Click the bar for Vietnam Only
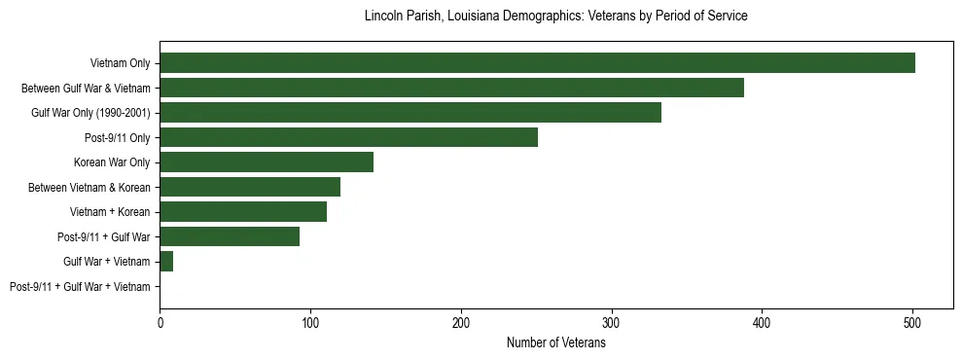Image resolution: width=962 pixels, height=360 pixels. coord(537,63)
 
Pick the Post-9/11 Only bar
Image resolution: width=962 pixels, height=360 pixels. coord(348,137)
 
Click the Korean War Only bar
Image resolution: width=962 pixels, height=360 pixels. coord(267,162)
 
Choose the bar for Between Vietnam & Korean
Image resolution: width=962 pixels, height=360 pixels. coord(250,187)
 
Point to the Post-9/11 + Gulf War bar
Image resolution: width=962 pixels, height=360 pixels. coord(230,236)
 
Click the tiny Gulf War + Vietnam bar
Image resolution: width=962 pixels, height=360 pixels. coord(166,262)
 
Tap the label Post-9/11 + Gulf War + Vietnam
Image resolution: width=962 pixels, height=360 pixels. coord(80,287)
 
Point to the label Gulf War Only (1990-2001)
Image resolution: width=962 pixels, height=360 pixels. coord(90,113)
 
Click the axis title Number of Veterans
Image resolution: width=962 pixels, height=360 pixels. coord(556,342)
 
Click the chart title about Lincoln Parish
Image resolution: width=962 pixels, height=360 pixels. coord(556,17)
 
